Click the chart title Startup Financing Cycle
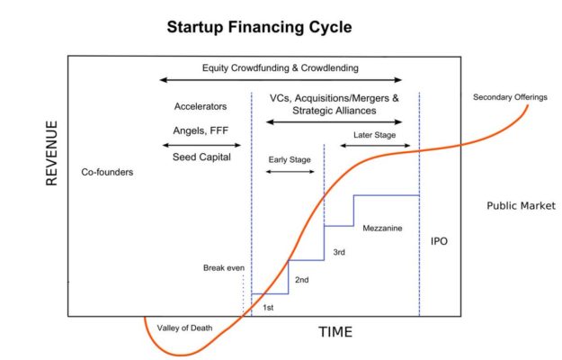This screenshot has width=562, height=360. coord(259,27)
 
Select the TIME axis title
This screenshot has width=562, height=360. coord(335,332)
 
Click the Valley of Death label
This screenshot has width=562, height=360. coord(184,328)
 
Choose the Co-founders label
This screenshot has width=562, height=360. coord(106,171)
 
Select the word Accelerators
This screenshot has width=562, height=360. coord(201,107)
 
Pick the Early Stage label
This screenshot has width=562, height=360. coord(290,159)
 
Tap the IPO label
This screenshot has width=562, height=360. coord(439,242)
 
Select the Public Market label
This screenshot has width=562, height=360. coord(521,206)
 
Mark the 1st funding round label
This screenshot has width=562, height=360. coord(267,308)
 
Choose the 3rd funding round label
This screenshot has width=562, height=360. coord(339,252)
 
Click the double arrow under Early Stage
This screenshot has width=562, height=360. coord(290,171)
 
